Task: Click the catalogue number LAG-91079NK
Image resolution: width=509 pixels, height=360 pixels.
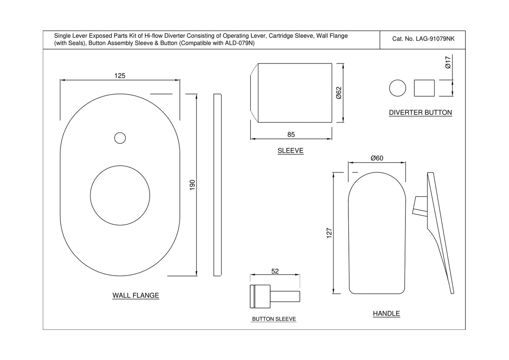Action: tap(423, 39)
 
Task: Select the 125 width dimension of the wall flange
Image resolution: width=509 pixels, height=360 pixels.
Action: tap(120, 76)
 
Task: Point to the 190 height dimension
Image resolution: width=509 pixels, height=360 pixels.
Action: tap(192, 185)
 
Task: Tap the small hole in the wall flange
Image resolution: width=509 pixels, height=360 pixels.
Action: tap(120, 138)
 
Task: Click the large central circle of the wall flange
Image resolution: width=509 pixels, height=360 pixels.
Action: tap(120, 194)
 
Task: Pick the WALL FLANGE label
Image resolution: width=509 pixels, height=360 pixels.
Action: tap(135, 295)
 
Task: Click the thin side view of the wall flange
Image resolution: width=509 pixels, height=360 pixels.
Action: tap(217, 185)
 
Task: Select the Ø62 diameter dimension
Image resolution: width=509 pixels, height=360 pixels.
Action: tap(339, 93)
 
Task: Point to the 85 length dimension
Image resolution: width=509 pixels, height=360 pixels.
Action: tap(291, 135)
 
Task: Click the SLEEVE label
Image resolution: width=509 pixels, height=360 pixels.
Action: tap(290, 151)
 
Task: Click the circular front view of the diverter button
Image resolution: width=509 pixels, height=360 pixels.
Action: tap(397, 88)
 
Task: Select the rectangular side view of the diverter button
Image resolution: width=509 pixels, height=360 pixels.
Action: tap(424, 88)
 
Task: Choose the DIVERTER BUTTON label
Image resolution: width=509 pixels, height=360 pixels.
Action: tap(420, 112)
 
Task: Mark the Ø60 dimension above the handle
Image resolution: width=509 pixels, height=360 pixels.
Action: tap(377, 158)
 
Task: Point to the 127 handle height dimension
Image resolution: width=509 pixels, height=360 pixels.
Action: tap(329, 233)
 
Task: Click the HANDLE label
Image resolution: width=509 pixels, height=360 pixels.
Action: tap(386, 313)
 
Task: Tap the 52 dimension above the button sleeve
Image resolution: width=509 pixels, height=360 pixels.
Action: tap(275, 271)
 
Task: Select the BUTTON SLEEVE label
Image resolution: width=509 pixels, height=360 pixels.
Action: tap(274, 319)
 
